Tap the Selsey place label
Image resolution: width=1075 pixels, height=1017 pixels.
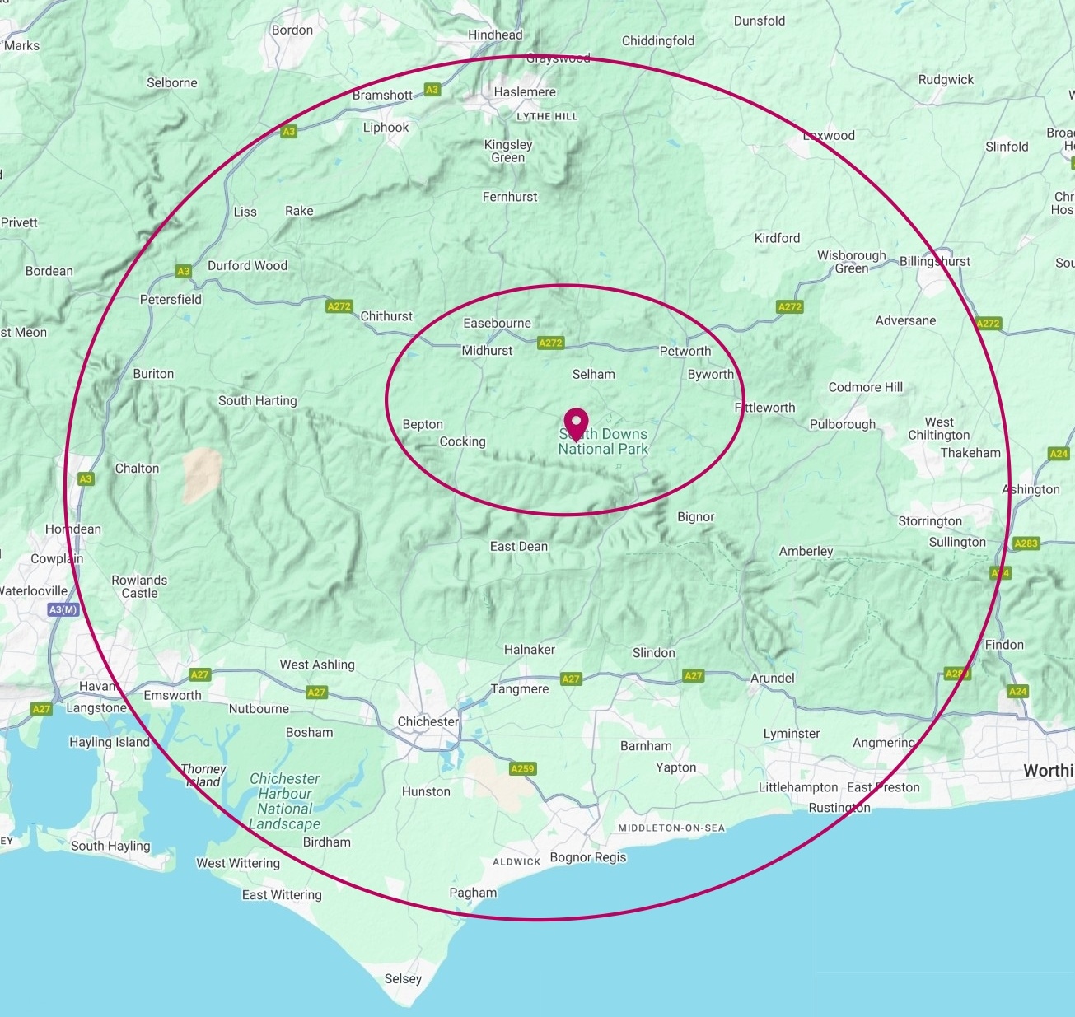click(403, 979)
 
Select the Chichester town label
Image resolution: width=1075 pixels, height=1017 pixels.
click(428, 721)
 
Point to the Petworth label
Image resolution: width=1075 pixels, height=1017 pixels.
click(685, 351)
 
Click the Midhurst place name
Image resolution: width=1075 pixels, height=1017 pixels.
click(487, 350)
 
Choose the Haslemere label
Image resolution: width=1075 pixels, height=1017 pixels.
click(525, 92)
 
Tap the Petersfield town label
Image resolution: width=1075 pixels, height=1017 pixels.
click(171, 300)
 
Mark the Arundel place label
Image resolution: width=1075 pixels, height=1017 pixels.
click(773, 678)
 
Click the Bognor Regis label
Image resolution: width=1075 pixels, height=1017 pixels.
click(588, 857)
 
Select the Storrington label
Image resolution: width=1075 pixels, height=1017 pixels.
click(930, 521)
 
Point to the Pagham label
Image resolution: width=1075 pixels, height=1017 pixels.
click(473, 893)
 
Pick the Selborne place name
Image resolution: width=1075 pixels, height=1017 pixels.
click(172, 82)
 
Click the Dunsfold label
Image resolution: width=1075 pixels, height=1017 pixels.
click(760, 21)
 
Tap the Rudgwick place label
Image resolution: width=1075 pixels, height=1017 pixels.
click(946, 80)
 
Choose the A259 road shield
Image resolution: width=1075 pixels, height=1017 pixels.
click(522, 769)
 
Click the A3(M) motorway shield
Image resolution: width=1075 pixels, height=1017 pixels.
click(63, 610)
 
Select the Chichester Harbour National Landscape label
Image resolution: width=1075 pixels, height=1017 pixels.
click(285, 801)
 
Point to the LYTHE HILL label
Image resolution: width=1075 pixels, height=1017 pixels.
click(547, 117)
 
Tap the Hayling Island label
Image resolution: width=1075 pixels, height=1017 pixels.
click(110, 742)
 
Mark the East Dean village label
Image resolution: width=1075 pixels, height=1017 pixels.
click(519, 546)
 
